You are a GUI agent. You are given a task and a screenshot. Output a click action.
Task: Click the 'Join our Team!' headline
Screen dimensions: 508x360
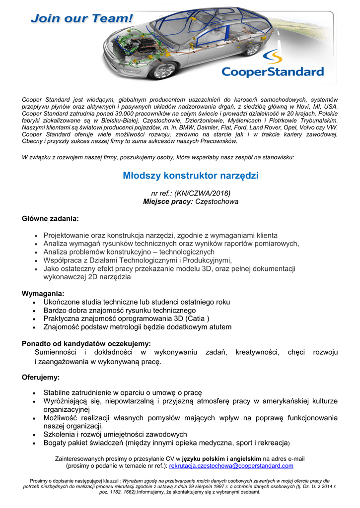click(82, 19)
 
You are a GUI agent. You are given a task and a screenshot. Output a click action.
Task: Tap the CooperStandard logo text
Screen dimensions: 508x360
click(272, 72)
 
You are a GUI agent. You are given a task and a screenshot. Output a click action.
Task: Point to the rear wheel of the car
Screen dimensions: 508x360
click(253, 49)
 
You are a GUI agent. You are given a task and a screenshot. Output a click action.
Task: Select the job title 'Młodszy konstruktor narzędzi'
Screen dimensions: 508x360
click(190, 176)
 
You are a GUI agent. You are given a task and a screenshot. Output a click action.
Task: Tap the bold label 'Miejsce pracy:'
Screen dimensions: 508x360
click(168, 202)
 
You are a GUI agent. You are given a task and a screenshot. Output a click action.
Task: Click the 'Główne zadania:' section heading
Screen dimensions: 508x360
click(50, 218)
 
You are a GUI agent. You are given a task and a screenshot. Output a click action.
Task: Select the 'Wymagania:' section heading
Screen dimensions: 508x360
click(43, 293)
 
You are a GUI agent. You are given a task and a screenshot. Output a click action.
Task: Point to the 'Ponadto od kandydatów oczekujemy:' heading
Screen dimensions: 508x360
click(86, 343)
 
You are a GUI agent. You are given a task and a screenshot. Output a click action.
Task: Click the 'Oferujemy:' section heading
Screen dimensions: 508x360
click(41, 377)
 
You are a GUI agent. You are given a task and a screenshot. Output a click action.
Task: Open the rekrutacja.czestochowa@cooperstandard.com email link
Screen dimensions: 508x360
click(231, 466)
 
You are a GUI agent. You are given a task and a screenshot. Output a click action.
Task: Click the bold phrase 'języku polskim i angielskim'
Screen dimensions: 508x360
click(222, 459)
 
